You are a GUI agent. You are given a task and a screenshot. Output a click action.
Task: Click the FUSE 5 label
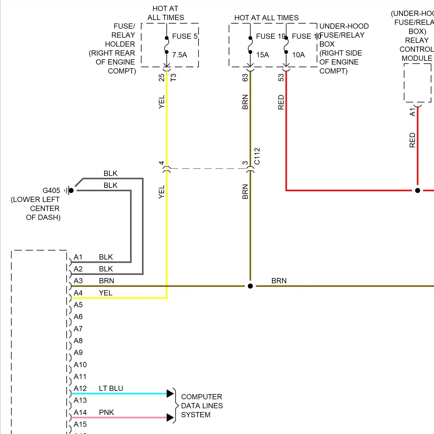point(185,36)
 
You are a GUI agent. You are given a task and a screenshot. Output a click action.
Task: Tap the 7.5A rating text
point(179,55)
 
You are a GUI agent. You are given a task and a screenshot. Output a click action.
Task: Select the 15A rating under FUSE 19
point(262,55)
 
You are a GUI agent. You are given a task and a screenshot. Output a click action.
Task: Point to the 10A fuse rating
point(298,55)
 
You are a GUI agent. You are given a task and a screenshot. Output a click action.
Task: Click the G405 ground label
point(51,190)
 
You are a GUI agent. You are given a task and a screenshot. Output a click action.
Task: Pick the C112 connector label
point(257,156)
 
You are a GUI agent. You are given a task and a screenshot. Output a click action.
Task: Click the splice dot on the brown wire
point(250,286)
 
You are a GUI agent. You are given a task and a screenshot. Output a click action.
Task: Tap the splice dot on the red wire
point(418,190)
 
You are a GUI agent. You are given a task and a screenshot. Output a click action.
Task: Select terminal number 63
point(245,78)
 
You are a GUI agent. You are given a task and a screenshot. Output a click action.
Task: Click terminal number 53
point(281,78)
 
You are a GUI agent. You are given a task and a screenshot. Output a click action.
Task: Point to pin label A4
point(78,293)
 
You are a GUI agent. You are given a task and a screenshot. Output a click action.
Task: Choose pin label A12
point(80,388)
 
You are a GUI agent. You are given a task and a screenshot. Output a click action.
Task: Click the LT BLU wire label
point(111,388)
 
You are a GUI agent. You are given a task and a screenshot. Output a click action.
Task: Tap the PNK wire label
point(106,412)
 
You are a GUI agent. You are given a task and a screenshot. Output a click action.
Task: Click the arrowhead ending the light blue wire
point(170,393)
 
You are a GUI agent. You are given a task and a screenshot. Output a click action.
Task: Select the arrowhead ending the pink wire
point(170,418)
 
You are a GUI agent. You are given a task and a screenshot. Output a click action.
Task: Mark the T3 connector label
point(173,78)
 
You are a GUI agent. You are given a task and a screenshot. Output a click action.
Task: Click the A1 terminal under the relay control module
point(412,112)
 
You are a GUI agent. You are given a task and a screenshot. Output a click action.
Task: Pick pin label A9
point(78,352)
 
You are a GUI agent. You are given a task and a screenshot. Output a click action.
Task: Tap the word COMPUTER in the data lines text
point(201,397)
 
